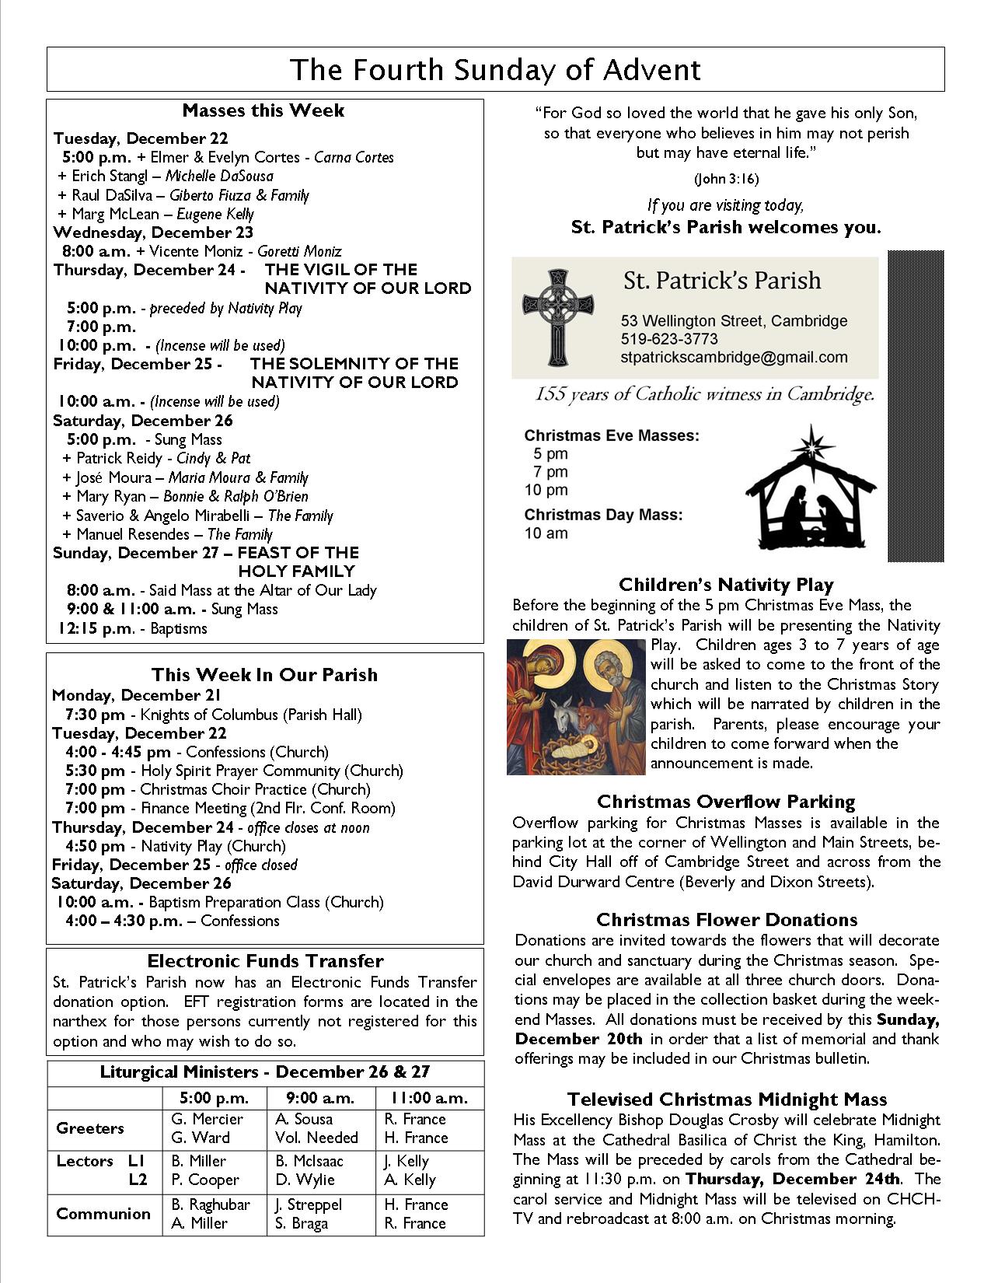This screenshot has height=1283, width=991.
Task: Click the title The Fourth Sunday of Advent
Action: [x=495, y=70]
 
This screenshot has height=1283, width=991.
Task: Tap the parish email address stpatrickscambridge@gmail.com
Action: [x=734, y=358]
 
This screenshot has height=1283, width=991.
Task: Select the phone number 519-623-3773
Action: [x=669, y=339]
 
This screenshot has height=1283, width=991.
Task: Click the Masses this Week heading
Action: [x=263, y=110]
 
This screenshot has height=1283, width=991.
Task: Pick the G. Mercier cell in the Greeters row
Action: [x=207, y=1119]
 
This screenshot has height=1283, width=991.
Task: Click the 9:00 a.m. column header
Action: [x=320, y=1098]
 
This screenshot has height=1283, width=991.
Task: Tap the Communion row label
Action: [x=103, y=1214]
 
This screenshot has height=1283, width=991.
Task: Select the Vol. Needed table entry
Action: [x=316, y=1138]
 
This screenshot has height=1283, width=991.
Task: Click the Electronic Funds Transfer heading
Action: [x=265, y=961]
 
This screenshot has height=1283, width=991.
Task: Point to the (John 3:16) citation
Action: [x=726, y=179]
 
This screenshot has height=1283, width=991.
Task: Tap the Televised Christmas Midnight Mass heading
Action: [x=727, y=1099]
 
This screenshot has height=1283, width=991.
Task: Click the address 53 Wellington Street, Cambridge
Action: [x=734, y=321]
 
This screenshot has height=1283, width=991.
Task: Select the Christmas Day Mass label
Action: [x=603, y=515]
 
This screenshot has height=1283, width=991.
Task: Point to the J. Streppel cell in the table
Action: [x=304, y=1204]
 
